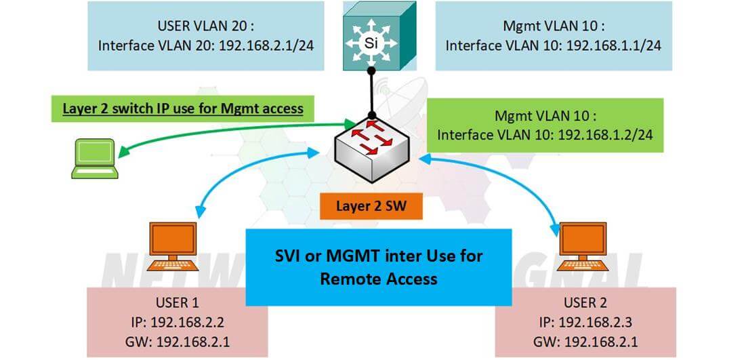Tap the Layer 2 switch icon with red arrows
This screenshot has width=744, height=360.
click(371, 151)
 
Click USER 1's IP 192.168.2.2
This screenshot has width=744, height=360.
click(190, 321)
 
